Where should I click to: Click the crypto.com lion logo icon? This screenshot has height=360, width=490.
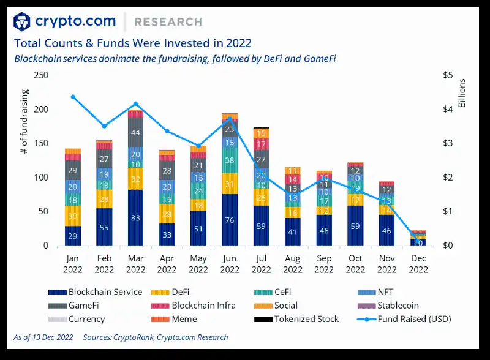tap(22, 22)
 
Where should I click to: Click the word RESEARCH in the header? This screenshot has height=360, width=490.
tap(168, 22)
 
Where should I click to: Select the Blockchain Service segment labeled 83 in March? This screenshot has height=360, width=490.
tap(136, 217)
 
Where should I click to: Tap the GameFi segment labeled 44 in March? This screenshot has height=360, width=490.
tap(136, 133)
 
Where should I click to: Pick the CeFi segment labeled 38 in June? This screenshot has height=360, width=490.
tap(230, 161)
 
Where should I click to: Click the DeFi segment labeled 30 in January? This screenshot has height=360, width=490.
tap(73, 216)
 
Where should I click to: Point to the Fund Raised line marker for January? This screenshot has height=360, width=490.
tap(73, 97)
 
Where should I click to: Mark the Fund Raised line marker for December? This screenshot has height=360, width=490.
tap(418, 238)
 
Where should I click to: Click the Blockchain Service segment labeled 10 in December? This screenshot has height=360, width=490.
tap(418, 242)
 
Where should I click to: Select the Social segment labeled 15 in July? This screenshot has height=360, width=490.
tap(262, 133)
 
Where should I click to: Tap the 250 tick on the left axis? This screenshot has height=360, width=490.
tap(41, 75)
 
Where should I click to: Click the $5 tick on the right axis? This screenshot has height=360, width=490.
tap(447, 75)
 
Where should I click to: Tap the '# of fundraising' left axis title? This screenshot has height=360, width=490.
tap(25, 122)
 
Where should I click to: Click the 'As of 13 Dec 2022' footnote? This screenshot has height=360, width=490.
tap(43, 337)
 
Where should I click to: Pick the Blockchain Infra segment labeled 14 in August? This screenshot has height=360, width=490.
tap(293, 179)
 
